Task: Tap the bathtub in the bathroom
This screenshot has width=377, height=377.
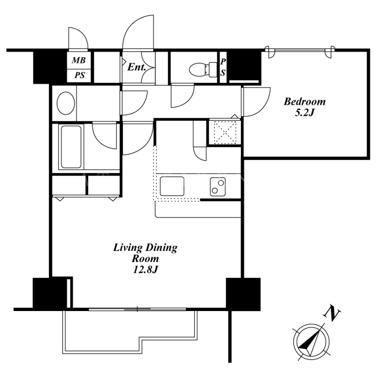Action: point(71,147)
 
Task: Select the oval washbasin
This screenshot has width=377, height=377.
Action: point(66,103)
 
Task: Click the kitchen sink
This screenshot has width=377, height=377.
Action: point(172,186)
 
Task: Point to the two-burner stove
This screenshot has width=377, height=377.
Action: point(218,187)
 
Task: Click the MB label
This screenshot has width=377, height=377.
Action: point(79,60)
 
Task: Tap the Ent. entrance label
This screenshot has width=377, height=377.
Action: point(137,67)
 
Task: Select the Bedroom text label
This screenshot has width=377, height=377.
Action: point(304,102)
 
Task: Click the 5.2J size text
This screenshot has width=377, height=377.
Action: point(304,113)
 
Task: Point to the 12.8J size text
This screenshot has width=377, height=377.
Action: point(145,270)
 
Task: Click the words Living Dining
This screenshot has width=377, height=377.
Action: point(145,248)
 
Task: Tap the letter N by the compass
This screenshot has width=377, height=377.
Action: point(332,313)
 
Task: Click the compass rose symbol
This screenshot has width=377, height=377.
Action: point(311,342)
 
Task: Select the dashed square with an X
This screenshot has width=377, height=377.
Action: point(225,132)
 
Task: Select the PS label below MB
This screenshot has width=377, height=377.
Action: point(79,75)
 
